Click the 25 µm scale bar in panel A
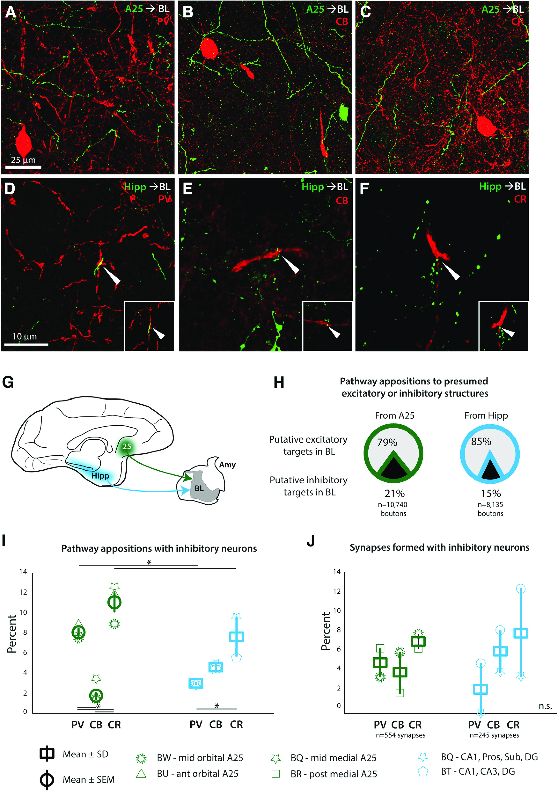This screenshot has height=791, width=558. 23,167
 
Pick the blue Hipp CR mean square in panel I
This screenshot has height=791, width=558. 236,637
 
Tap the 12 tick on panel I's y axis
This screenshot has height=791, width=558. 23,592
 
